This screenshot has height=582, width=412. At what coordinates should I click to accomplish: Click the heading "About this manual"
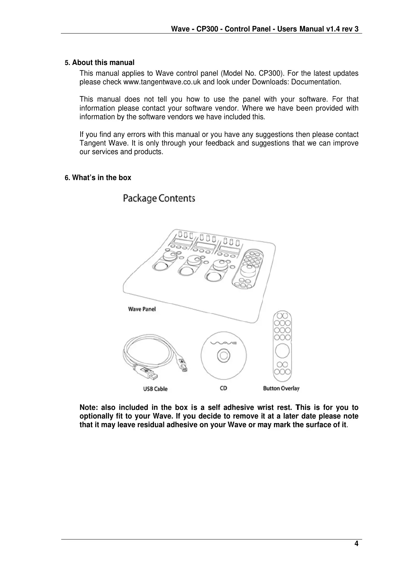[103, 63]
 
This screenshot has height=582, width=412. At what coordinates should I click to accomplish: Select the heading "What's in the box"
[101, 178]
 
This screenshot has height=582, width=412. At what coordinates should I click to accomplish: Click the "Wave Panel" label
[142, 309]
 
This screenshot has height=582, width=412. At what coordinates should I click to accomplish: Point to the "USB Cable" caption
[155, 389]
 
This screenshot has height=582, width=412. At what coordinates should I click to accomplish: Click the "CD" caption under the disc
[223, 388]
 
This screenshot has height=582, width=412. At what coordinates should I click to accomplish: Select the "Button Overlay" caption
[281, 388]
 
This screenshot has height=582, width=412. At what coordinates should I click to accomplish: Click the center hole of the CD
[223, 355]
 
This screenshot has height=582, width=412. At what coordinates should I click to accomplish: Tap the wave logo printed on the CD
[223, 343]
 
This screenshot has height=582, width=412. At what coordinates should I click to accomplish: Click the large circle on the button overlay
[283, 351]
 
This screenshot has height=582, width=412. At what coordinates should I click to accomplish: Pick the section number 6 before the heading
[67, 178]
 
